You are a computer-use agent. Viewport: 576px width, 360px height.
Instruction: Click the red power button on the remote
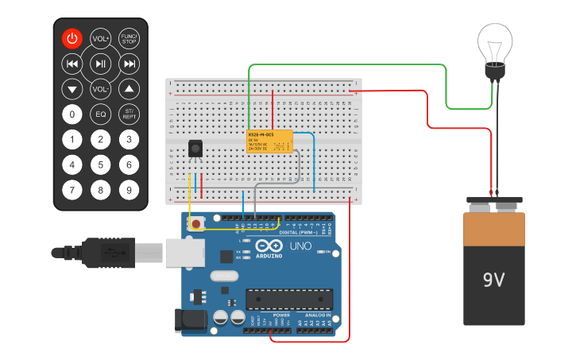coord(72,38)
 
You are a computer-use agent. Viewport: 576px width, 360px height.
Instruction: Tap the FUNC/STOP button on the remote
coord(129,38)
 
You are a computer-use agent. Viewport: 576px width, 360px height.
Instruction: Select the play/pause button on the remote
coord(100,64)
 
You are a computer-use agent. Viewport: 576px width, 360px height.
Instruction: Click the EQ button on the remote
coord(100,114)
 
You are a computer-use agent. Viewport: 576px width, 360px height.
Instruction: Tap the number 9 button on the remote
coord(129,190)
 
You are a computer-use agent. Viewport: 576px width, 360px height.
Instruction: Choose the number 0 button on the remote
coord(72,114)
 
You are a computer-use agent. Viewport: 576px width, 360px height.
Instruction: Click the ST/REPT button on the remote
coord(129,114)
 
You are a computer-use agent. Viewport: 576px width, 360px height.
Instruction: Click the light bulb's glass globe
coord(496,44)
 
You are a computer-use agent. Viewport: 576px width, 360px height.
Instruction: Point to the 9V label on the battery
coord(493,280)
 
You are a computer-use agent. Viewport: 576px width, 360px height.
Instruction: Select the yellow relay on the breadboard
coord(269,141)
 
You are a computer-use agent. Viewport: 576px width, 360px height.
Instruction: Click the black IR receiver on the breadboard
coord(195,149)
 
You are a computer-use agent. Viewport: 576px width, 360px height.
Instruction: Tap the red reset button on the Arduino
coord(196,223)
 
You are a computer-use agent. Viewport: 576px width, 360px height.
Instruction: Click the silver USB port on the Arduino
coord(184,252)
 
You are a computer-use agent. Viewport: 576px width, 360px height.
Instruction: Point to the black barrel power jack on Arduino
coord(190,319)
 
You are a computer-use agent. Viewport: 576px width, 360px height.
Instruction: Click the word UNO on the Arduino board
coord(300,247)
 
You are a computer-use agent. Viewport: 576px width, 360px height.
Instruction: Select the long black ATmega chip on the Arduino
coord(288,299)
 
